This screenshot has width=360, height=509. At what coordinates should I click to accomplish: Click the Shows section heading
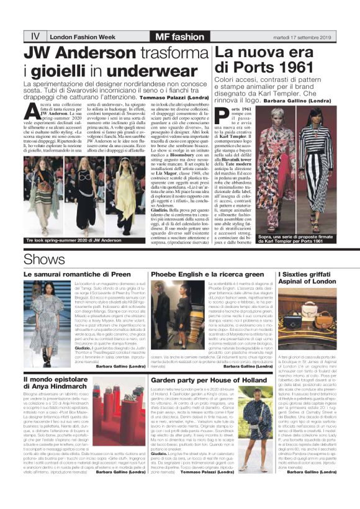[40, 258]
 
